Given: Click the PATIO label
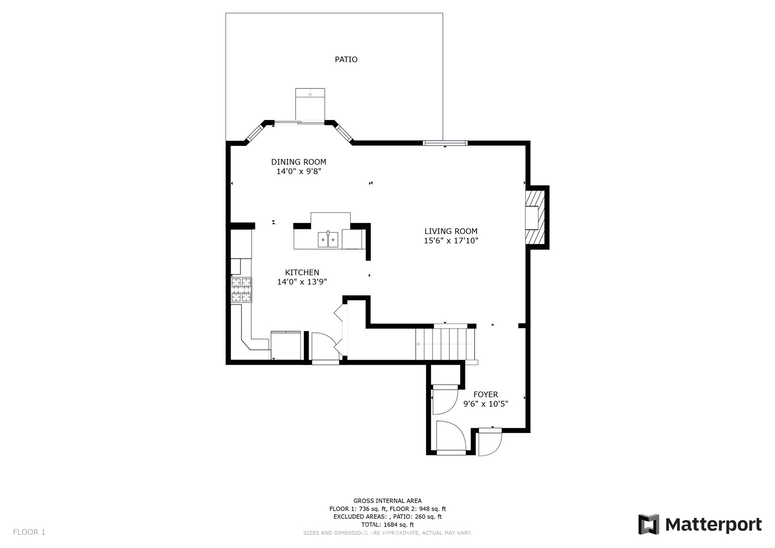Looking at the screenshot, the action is point(346,59).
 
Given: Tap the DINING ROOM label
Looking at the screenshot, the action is point(299,162).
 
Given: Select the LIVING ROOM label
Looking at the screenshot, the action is point(451,231).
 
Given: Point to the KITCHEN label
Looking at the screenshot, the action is point(302,273).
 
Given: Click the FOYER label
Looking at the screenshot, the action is point(486,395).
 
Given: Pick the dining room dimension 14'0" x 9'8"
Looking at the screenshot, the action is point(299,171).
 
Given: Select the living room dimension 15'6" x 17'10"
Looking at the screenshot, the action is point(451,241).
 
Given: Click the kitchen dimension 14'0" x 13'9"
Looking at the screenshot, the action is point(302,282).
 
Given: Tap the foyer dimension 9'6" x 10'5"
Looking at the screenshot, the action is point(486,403).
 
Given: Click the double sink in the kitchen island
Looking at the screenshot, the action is point(328,239).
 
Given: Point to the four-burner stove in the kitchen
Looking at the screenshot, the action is point(241,290).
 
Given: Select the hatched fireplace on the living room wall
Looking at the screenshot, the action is point(535,218).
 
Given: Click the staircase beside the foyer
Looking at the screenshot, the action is point(446,344).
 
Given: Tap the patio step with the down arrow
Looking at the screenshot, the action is point(310,104).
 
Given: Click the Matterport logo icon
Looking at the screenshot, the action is point(649,524).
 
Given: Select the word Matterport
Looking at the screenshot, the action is point(713,525).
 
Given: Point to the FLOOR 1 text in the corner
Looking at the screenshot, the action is point(29,532).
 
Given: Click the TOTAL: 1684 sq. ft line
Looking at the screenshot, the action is point(388,524).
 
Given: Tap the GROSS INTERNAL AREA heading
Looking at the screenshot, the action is point(388,500).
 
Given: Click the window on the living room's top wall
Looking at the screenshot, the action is point(445,143).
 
